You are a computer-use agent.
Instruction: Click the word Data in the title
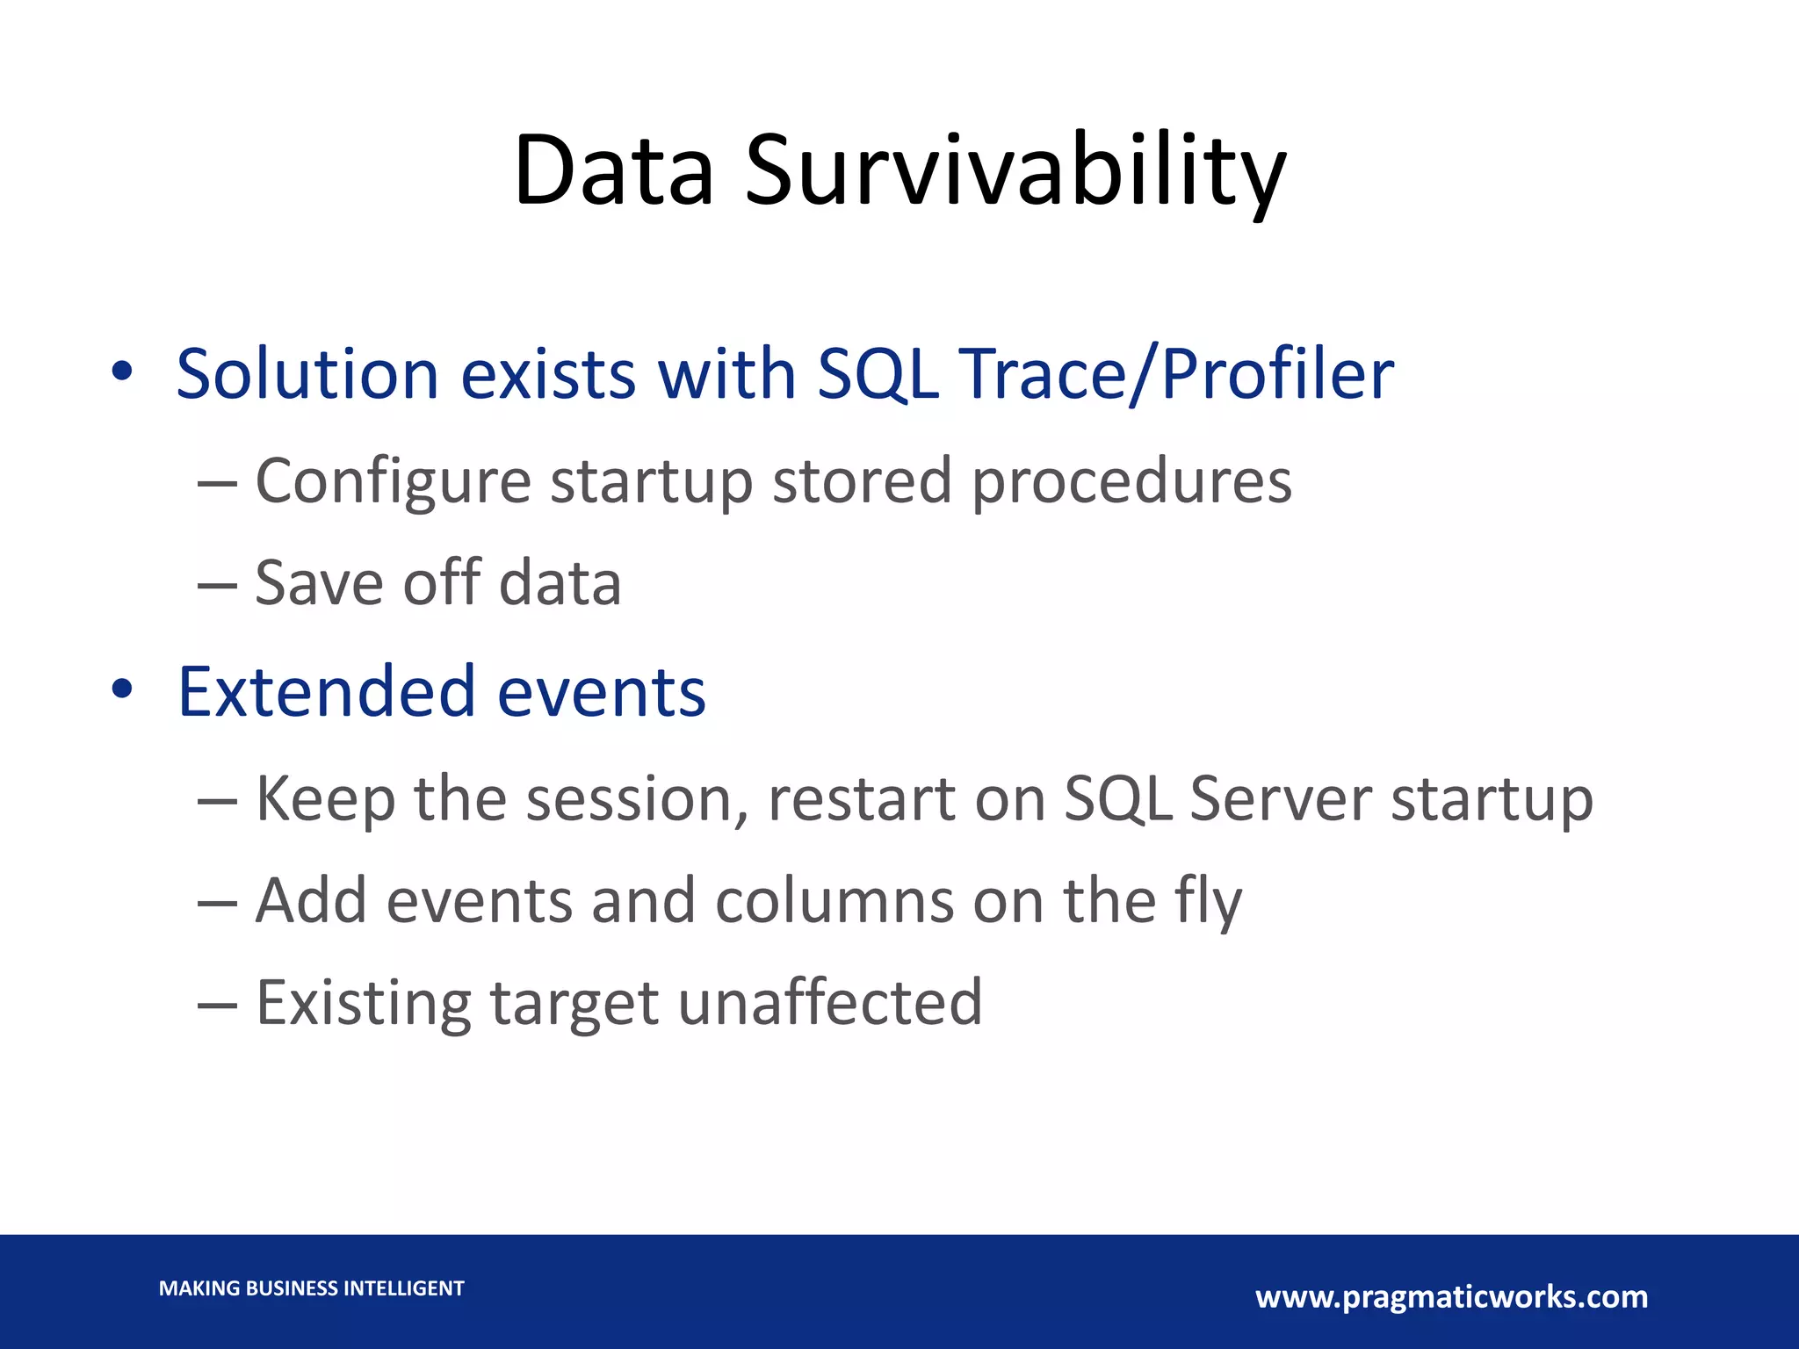pyautogui.click(x=613, y=171)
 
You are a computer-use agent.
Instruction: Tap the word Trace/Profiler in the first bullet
pyautogui.click(x=1179, y=375)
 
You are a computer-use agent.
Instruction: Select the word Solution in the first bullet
pyautogui.click(x=307, y=375)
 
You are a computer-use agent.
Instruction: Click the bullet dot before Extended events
pyautogui.click(x=122, y=690)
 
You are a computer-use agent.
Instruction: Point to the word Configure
pyautogui.click(x=393, y=481)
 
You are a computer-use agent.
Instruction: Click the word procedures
pyautogui.click(x=1131, y=481)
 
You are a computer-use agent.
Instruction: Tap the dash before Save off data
pyautogui.click(x=217, y=585)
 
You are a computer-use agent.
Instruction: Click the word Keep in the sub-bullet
pyautogui.click(x=324, y=799)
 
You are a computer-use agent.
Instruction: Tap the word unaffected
pyautogui.click(x=830, y=1003)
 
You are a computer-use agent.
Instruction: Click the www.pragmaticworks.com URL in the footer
pyautogui.click(x=1451, y=1296)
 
